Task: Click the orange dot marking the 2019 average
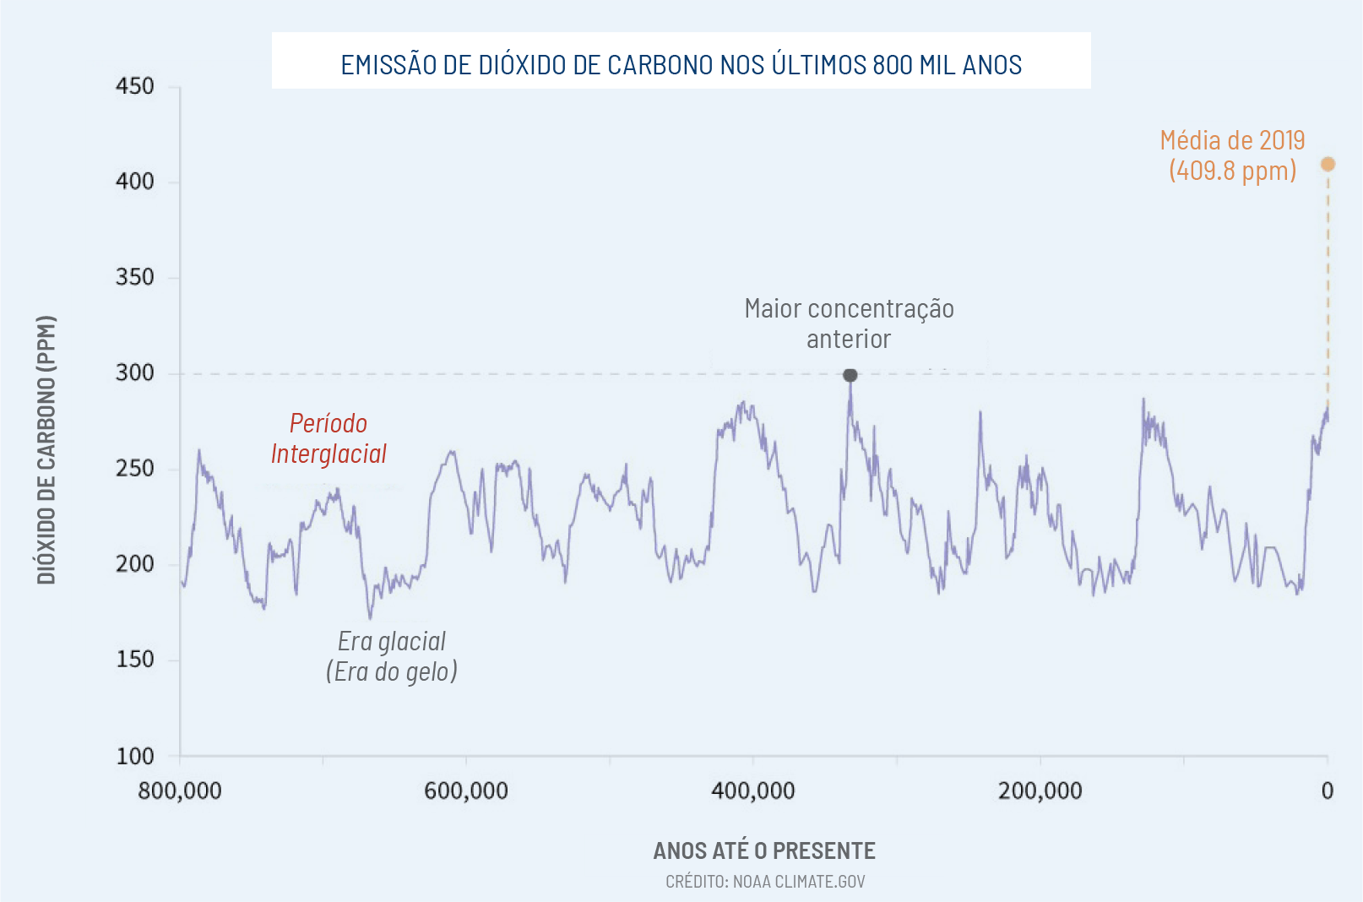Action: click(x=1328, y=164)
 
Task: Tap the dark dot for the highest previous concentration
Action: click(x=850, y=375)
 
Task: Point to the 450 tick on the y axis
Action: click(x=135, y=86)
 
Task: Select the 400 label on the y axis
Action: click(x=135, y=182)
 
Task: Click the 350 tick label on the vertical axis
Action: click(x=135, y=277)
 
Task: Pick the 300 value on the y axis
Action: click(x=135, y=372)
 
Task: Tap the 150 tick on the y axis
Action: click(x=135, y=660)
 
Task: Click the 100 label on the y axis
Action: click(x=135, y=756)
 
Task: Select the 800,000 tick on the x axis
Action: click(x=180, y=791)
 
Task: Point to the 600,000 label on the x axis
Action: click(x=466, y=791)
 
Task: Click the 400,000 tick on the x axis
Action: click(x=753, y=791)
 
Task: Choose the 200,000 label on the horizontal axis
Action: click(x=1040, y=791)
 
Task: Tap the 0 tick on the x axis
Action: click(x=1328, y=791)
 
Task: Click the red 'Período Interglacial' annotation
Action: click(x=329, y=438)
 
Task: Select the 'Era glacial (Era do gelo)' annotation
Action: click(x=392, y=656)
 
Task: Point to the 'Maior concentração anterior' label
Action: click(x=849, y=323)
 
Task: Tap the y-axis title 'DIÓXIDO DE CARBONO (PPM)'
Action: click(x=46, y=449)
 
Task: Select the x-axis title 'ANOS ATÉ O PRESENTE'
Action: click(x=764, y=850)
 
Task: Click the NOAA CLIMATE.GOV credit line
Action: click(x=765, y=882)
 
